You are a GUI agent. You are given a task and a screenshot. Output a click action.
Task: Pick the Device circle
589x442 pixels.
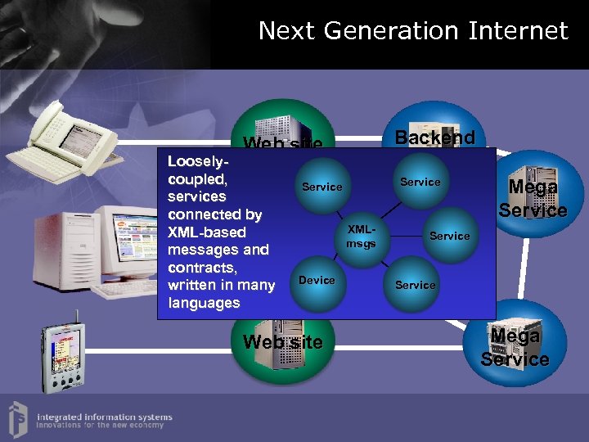(317, 281)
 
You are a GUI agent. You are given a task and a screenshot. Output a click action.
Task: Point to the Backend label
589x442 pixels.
(435, 138)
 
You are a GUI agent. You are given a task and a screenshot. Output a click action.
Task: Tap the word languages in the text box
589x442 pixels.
(204, 303)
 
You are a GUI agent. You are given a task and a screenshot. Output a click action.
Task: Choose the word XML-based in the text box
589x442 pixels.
(206, 232)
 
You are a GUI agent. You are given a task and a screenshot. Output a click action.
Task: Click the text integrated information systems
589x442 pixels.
(105, 416)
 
